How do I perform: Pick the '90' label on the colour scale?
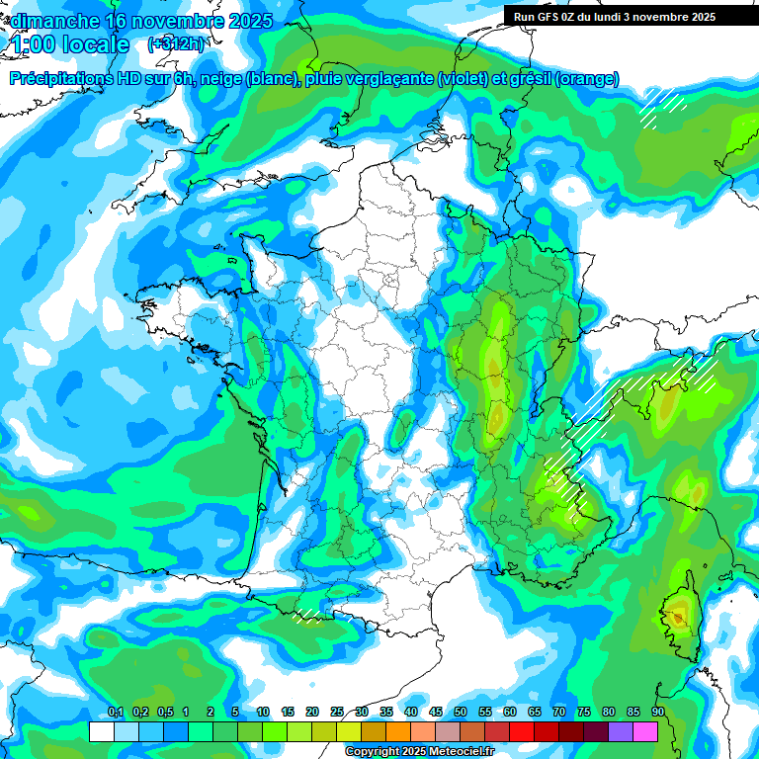(x=657, y=712)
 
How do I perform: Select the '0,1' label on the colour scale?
(x=116, y=712)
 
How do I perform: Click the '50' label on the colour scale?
(x=461, y=712)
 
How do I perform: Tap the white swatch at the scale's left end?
(x=101, y=731)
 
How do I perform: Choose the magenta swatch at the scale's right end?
(x=645, y=731)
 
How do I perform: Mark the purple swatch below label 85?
(x=621, y=731)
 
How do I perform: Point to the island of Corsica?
(x=679, y=618)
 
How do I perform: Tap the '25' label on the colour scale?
(x=337, y=712)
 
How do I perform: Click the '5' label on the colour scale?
(x=235, y=712)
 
